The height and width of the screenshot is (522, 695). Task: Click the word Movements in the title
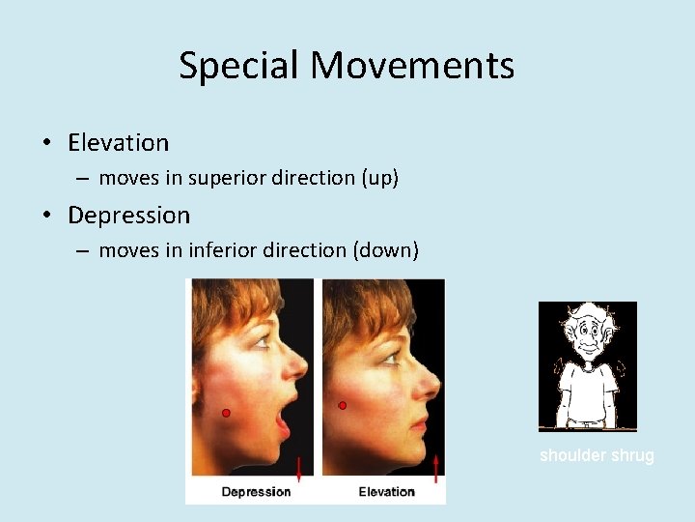tap(412, 66)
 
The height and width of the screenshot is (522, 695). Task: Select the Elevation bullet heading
tap(118, 143)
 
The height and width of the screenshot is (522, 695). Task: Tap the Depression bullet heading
tap(128, 215)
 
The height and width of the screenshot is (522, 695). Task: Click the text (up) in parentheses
tap(377, 178)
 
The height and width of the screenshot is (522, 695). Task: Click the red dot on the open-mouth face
tap(226, 413)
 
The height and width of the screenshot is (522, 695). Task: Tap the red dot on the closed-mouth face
tap(342, 406)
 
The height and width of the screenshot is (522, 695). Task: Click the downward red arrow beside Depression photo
tap(299, 470)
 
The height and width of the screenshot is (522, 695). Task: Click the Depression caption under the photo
tap(256, 492)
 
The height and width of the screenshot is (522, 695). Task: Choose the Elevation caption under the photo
tap(386, 492)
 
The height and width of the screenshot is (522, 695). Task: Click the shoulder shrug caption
tap(597, 455)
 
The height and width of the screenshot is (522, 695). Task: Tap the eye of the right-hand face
tap(390, 357)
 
